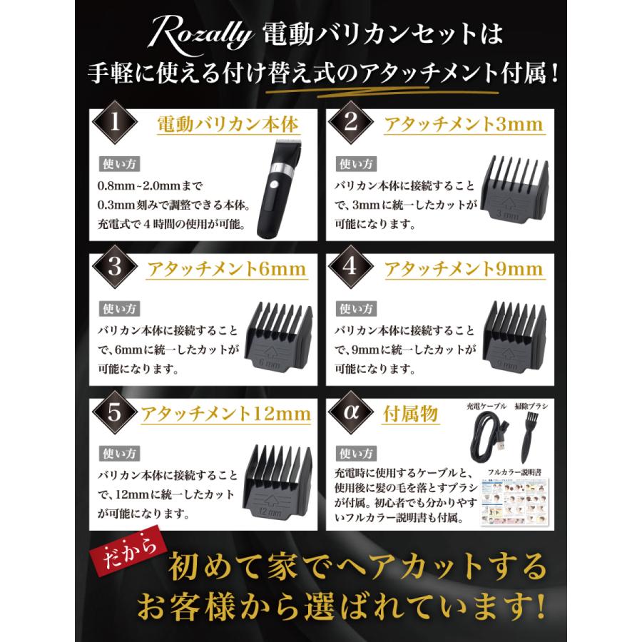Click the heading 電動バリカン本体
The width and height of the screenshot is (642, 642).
coord(227,126)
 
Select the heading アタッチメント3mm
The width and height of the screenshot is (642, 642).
coord(463,126)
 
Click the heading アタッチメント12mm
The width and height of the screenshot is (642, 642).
coord(227,414)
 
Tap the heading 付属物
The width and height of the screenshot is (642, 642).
coord(412,414)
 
